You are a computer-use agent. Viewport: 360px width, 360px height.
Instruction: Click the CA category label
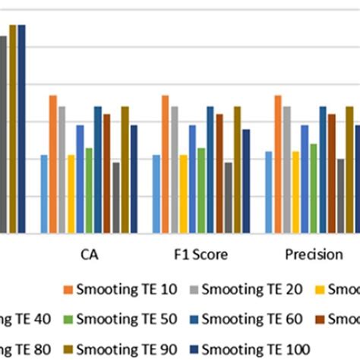[x=89, y=254]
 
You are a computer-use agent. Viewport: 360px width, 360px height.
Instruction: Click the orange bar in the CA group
[x=53, y=164]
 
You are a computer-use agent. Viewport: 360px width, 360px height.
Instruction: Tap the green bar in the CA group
[x=89, y=190]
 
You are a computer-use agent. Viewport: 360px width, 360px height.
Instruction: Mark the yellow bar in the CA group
[x=71, y=194]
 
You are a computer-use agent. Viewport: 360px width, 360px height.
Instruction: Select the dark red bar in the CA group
[x=107, y=173]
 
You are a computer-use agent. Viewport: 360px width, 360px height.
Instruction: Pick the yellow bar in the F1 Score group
[x=183, y=194]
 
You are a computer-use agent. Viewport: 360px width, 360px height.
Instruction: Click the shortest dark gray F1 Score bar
[x=228, y=197]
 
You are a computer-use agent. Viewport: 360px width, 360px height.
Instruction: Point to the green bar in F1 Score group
[x=201, y=190]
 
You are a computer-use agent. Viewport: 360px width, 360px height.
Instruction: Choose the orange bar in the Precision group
[x=277, y=164]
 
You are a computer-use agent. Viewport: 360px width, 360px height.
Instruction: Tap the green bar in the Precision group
[x=313, y=188]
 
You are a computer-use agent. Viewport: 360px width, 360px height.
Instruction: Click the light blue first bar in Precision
[x=268, y=192]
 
